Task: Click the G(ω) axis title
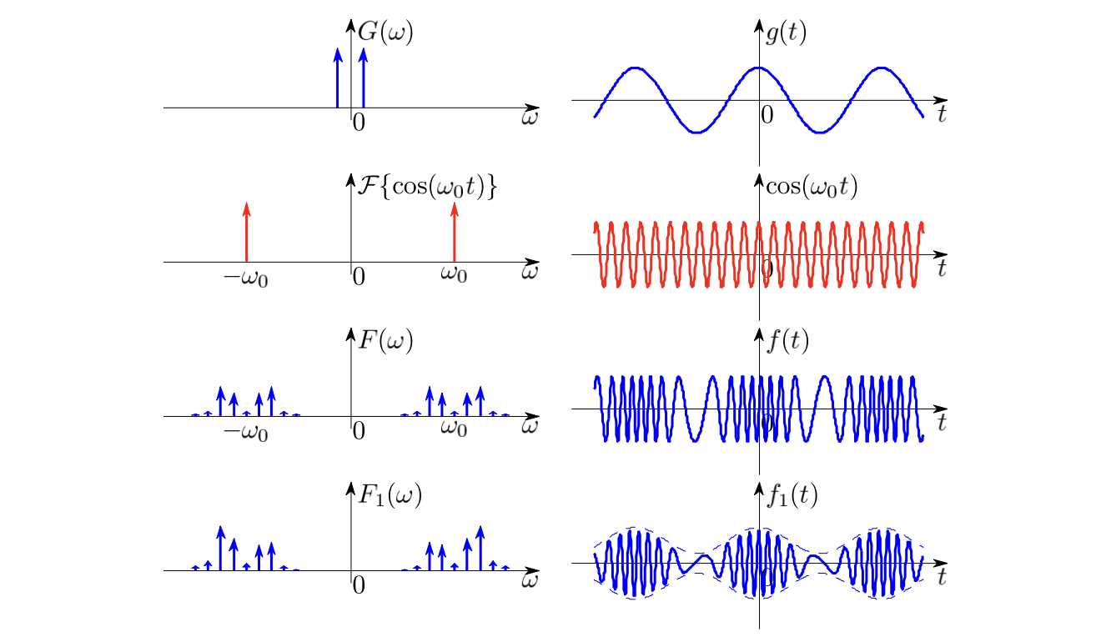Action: [385, 33]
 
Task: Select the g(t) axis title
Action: [787, 33]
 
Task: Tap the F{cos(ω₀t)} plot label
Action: [427, 187]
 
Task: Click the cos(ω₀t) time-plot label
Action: [812, 187]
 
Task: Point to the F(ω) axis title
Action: [385, 340]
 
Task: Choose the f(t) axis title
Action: [787, 341]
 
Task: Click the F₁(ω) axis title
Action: [390, 495]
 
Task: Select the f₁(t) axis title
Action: [792, 496]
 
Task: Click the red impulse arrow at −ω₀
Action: [247, 232]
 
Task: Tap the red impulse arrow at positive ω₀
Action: [455, 232]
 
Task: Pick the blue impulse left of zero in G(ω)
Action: [338, 78]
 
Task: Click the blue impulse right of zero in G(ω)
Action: [363, 78]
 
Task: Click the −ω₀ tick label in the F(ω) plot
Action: [246, 432]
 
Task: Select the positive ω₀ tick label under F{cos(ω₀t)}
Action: [454, 274]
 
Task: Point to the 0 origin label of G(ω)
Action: [359, 123]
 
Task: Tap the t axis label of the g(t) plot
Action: [942, 113]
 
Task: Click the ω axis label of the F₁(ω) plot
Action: [530, 580]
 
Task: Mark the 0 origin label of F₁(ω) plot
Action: [359, 585]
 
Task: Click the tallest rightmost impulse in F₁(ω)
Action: [480, 549]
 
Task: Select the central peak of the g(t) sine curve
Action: [759, 68]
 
